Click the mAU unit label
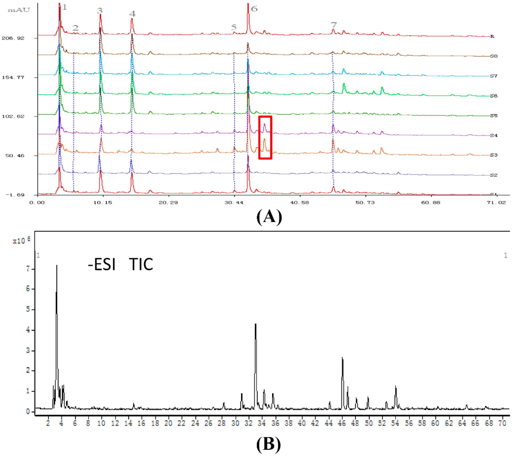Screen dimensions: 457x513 point(19,10)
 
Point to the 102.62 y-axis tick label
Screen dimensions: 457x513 point(13,116)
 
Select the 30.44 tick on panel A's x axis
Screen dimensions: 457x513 point(234,202)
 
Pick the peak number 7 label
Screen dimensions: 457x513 point(334,25)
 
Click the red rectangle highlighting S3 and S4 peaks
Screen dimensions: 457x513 point(265,137)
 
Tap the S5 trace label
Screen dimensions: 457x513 point(494,116)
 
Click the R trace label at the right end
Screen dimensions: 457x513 point(492,37)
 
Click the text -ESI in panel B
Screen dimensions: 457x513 point(102,265)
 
